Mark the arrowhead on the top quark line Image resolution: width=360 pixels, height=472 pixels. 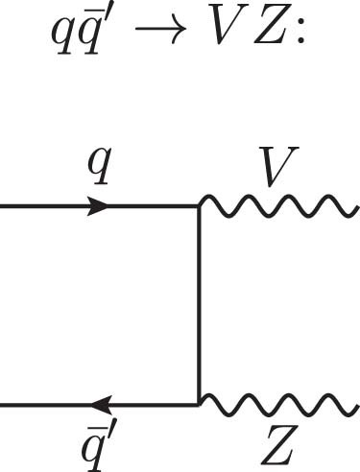click(98, 206)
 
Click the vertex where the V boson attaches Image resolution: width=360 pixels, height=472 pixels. click(199, 206)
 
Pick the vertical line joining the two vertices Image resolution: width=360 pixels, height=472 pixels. click(199, 305)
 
